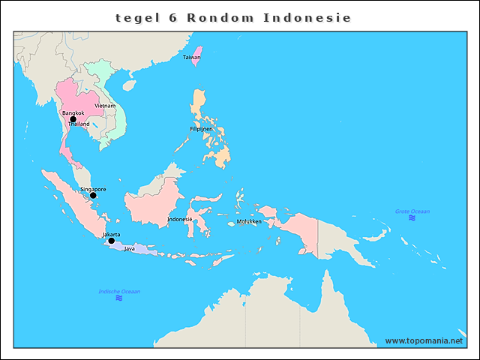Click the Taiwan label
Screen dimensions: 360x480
pyautogui.click(x=191, y=57)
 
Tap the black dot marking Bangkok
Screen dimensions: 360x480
pyautogui.click(x=73, y=119)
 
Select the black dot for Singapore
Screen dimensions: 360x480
pyautogui.click(x=93, y=196)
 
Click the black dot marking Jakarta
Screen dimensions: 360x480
pyautogui.click(x=111, y=241)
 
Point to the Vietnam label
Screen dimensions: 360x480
pyautogui.click(x=105, y=106)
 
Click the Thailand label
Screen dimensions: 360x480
pyautogui.click(x=79, y=124)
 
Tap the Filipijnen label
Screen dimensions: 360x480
pyautogui.click(x=201, y=129)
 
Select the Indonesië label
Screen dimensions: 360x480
pyautogui.click(x=179, y=219)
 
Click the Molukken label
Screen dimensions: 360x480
pyautogui.click(x=248, y=222)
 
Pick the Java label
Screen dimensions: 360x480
pyautogui.click(x=129, y=248)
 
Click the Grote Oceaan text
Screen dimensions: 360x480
pyautogui.click(x=412, y=211)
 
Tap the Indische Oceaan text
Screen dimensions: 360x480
pyautogui.click(x=119, y=291)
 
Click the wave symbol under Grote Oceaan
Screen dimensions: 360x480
pyautogui.click(x=412, y=218)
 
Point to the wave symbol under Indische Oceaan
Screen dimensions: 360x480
pyautogui.click(x=119, y=298)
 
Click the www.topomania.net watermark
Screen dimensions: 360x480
pyautogui.click(x=424, y=340)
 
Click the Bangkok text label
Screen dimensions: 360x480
pyautogui.click(x=73, y=112)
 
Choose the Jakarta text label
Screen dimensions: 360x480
pyautogui.click(x=111, y=234)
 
